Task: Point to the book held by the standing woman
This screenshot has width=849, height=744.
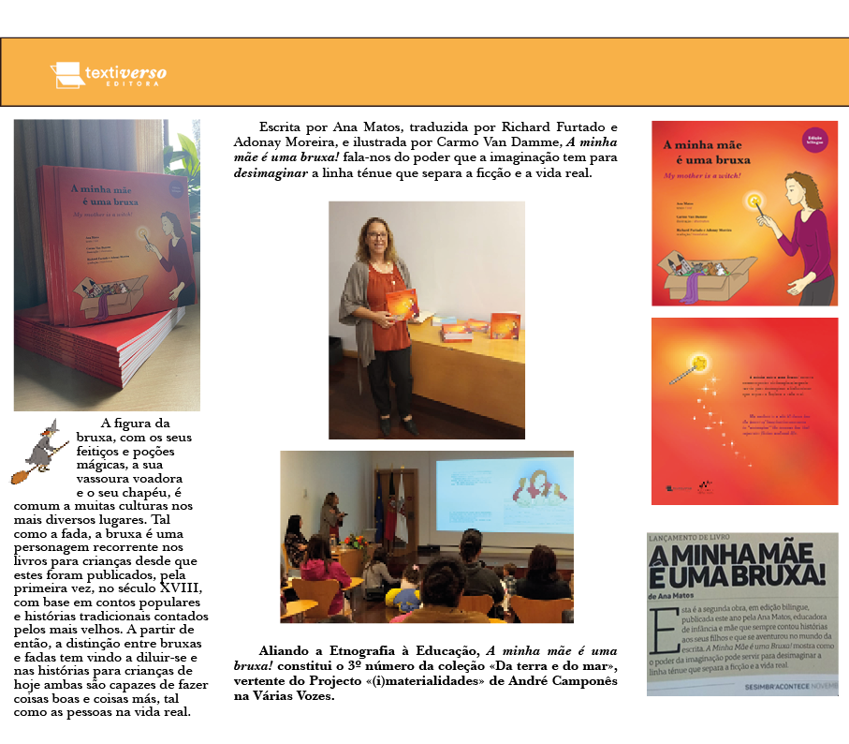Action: (x=402, y=304)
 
